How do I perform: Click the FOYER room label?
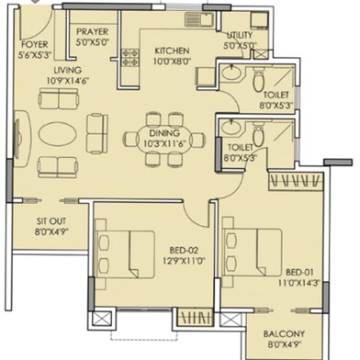(35, 45)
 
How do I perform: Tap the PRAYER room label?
(93, 31)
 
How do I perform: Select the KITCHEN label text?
(172, 51)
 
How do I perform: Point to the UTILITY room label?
(240, 35)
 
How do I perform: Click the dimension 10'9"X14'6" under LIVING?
(68, 81)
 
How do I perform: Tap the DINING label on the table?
(164, 133)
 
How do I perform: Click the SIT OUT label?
(51, 221)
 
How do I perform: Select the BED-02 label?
(184, 251)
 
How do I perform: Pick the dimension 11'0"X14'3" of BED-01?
(299, 283)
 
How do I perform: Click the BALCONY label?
(284, 334)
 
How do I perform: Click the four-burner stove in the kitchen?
(130, 58)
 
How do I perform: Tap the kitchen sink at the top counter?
(199, 20)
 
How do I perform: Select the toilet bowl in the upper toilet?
(259, 80)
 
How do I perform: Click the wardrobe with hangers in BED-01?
(296, 181)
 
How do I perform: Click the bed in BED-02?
(125, 253)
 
